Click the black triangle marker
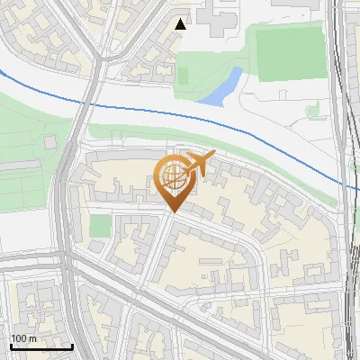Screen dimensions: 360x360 tap(181, 24)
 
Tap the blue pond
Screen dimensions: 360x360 tap(223, 88)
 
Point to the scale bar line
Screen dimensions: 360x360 tap(41, 346)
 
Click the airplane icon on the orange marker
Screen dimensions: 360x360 tap(198, 163)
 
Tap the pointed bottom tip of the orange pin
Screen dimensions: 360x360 tap(172, 212)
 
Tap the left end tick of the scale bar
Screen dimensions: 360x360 tap(11, 346)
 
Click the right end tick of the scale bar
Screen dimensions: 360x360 tap(73, 346)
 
